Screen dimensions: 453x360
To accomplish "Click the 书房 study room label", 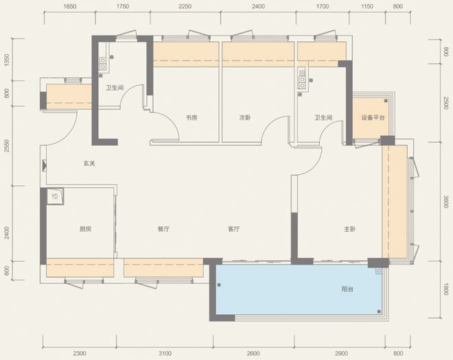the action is [x=191, y=117].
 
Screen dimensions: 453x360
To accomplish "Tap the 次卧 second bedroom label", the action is [x=245, y=117].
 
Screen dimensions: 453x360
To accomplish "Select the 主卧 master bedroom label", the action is [x=349, y=229].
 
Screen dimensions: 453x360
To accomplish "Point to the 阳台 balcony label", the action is [x=347, y=289].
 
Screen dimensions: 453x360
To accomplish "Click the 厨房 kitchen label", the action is [x=86, y=229].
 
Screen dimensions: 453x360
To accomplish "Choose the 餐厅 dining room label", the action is [x=163, y=229].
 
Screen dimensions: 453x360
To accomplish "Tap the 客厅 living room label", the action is [x=234, y=229].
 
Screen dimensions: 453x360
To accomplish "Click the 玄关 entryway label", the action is [x=89, y=163].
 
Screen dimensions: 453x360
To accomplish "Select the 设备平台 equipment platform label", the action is [x=373, y=117].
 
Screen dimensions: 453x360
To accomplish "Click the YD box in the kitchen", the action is [x=55, y=197].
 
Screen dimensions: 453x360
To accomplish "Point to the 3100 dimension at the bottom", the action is [x=165, y=353].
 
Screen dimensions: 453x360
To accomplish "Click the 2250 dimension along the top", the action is [x=185, y=6].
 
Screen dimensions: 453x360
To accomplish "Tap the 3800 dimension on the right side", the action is [x=445, y=202].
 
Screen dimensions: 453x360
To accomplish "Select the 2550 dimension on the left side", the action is [x=7, y=146].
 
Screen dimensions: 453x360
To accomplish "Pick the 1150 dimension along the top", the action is [x=367, y=6].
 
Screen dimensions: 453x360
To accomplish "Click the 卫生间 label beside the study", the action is [x=115, y=88].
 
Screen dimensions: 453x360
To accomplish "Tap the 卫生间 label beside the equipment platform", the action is [x=323, y=117].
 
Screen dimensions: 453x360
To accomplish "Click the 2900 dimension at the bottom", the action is [x=341, y=353].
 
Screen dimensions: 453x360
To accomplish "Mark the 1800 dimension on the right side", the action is [x=445, y=289].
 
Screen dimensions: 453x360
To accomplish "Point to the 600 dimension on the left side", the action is [x=7, y=271].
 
